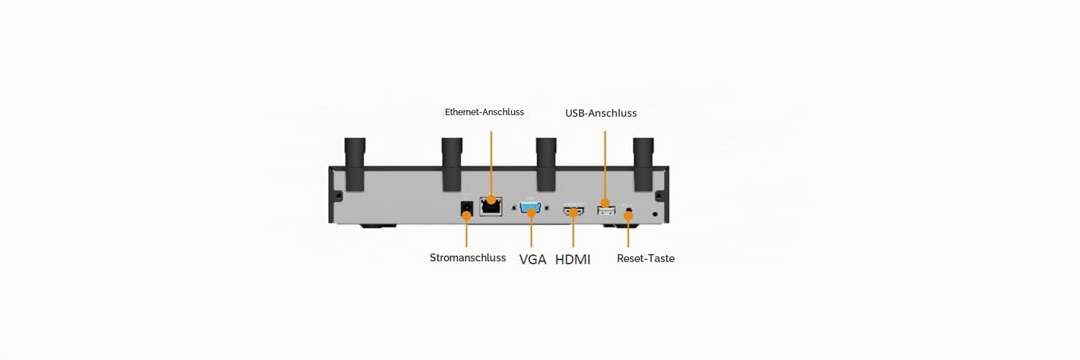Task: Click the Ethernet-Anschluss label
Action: [x=484, y=112]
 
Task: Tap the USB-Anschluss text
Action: [x=600, y=113]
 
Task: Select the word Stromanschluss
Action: [x=468, y=258]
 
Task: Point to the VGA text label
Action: [x=532, y=260]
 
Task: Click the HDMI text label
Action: [x=573, y=260]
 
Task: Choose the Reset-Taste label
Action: [x=646, y=258]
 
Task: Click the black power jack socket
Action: [x=467, y=209]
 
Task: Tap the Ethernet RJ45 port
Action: [x=491, y=206]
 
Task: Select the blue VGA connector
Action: [x=531, y=208]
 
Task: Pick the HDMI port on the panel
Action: [x=573, y=211]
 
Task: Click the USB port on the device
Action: [x=606, y=211]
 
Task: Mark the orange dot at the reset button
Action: [x=628, y=215]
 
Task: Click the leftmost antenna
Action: [x=355, y=164]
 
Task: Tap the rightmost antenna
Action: [x=643, y=164]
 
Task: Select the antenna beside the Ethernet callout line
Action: [x=452, y=164]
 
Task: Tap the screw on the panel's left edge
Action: [x=338, y=196]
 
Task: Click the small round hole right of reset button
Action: [x=654, y=214]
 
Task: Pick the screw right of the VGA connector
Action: [x=546, y=208]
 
